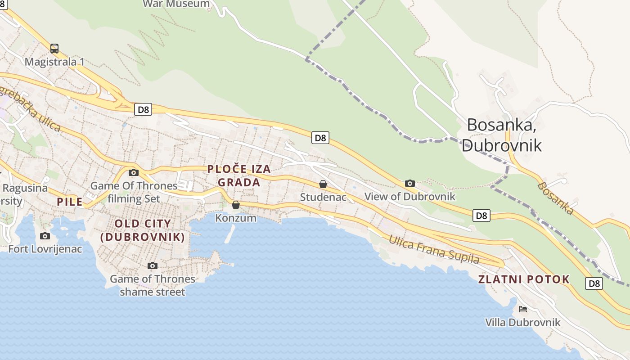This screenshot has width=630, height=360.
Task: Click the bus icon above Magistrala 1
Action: [x=54, y=48]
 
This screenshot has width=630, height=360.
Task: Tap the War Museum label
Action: [x=176, y=4]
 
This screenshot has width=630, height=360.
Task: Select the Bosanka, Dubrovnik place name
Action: [x=501, y=135]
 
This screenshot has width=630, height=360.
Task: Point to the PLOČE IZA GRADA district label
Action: [x=239, y=175]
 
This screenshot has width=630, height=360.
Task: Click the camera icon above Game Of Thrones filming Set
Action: [x=134, y=172]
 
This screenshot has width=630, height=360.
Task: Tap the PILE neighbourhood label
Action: [x=70, y=202]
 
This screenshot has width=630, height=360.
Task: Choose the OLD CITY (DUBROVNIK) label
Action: [x=143, y=230]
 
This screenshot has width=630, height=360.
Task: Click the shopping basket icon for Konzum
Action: [x=236, y=205]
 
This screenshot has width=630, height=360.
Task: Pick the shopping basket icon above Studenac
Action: [x=323, y=184]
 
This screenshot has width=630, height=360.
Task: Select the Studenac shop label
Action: [x=323, y=197]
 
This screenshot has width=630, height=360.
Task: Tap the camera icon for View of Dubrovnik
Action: [x=409, y=183]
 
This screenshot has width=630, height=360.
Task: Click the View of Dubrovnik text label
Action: [x=409, y=197]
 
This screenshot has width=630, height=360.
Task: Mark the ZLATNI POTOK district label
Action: [x=524, y=279]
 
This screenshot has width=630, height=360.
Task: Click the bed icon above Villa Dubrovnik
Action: [x=522, y=309]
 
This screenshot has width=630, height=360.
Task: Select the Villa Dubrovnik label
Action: [x=522, y=322]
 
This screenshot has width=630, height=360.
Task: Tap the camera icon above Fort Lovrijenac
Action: [x=45, y=236]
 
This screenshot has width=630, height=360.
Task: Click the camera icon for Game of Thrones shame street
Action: [x=153, y=265]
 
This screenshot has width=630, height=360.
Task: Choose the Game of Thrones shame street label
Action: [x=153, y=285]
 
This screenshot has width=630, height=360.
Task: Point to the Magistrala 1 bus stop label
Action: [x=54, y=62]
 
